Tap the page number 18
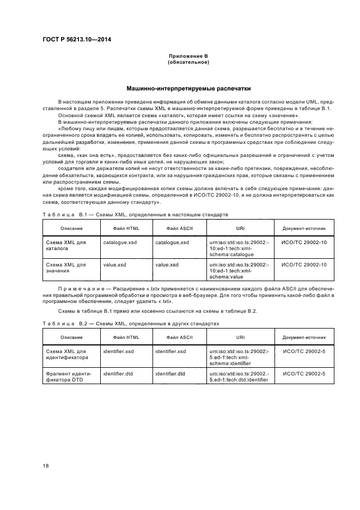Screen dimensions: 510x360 click(x=47, y=465)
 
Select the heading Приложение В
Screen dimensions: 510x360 click(x=188, y=57)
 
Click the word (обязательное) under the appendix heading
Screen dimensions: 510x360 click(x=188, y=62)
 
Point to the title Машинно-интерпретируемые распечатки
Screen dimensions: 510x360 click(x=188, y=87)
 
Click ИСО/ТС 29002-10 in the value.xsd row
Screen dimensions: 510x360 click(x=304, y=264)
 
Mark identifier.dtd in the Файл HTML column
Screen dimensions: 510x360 click(x=118, y=374)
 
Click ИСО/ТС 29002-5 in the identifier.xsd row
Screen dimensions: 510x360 click(x=304, y=351)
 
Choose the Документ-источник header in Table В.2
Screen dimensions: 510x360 click(x=304, y=337)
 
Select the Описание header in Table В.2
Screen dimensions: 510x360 click(x=68, y=337)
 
